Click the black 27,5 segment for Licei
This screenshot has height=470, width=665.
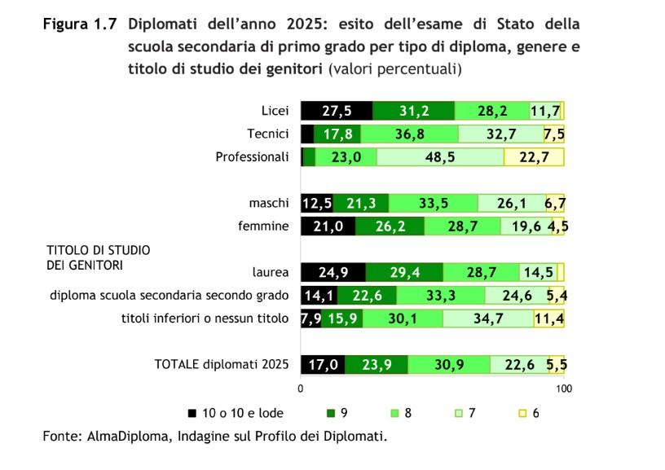pos(337,111)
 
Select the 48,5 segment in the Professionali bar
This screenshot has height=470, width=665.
pos(440,157)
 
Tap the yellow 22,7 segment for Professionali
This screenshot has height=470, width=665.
pos(534,157)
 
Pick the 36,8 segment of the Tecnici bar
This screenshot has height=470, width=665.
pos(410,134)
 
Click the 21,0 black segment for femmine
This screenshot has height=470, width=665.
pos(328,226)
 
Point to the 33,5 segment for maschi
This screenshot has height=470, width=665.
pos(434,203)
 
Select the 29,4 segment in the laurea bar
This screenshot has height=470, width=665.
pos(403,272)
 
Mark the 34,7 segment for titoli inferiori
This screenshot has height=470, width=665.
pos(487,318)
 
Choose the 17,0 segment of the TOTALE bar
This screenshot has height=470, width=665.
pos(323,364)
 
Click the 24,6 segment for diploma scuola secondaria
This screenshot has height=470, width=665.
pos(515,295)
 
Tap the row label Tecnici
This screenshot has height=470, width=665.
pos(268,134)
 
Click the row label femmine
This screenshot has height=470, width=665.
pos(263,226)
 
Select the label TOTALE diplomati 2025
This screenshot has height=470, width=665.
pos(222,364)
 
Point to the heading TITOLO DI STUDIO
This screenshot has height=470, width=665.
pos(98,251)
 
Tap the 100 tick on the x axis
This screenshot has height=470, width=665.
pos(563,389)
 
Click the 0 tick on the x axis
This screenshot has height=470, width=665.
pos(302,389)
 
